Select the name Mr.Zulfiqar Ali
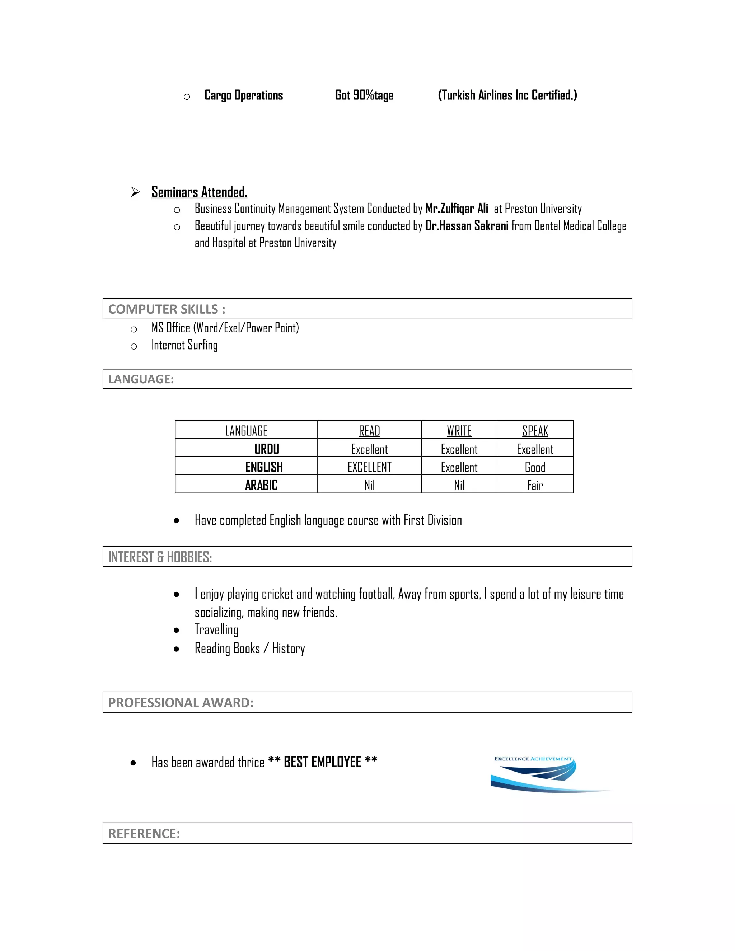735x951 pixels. pyautogui.click(x=457, y=209)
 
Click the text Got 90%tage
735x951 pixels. pyautogui.click(x=364, y=95)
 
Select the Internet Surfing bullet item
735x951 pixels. pyautogui.click(x=184, y=345)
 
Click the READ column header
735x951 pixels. pyautogui.click(x=369, y=431)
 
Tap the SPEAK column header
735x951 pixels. pyautogui.click(x=535, y=431)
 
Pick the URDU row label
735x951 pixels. pyautogui.click(x=267, y=449)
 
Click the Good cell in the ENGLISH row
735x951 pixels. pyautogui.click(x=535, y=467)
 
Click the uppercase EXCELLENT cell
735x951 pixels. pyautogui.click(x=369, y=467)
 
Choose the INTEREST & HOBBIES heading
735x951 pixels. pyautogui.click(x=160, y=557)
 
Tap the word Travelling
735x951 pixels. pyautogui.click(x=216, y=630)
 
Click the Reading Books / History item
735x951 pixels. pyautogui.click(x=249, y=648)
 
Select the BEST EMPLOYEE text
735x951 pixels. pyautogui.click(x=322, y=762)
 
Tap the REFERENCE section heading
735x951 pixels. pyautogui.click(x=144, y=833)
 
